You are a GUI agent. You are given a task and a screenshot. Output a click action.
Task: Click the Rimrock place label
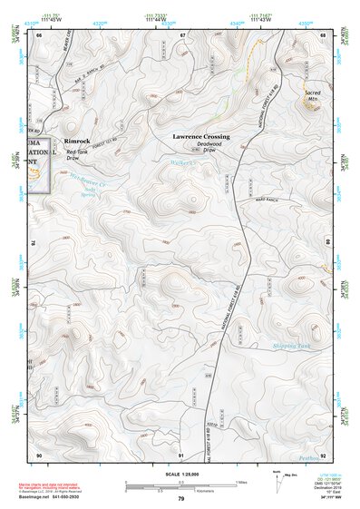click(x=77, y=142)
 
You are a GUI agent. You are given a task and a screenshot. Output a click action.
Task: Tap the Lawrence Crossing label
click(x=201, y=136)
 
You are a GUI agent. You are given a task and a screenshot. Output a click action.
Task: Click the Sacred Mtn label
click(x=313, y=96)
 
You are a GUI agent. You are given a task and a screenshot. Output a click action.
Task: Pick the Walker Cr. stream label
click(x=184, y=163)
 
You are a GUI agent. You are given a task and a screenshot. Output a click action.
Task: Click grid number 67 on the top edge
click(x=182, y=34)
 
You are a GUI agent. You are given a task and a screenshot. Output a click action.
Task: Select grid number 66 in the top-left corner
click(x=40, y=34)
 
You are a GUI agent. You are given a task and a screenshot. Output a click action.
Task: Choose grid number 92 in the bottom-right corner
click(x=323, y=455)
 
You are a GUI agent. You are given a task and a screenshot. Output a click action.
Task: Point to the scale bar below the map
click(x=180, y=485)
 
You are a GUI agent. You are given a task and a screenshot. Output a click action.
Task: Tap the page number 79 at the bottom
click(x=180, y=499)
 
